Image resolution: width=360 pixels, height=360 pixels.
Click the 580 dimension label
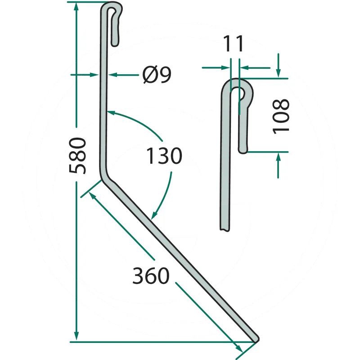pos(77,155)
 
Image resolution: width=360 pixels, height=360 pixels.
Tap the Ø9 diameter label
pos(157,75)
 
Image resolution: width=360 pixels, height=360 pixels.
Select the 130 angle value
pos(164,156)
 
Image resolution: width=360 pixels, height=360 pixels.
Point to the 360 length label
pos(151,275)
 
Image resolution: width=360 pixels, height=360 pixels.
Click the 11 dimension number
pos(233,43)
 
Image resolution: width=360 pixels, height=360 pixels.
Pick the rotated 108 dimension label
pos(280,116)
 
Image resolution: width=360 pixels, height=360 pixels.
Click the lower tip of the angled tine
pos(256,339)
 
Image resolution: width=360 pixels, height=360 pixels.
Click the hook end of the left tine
pos(115,43)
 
